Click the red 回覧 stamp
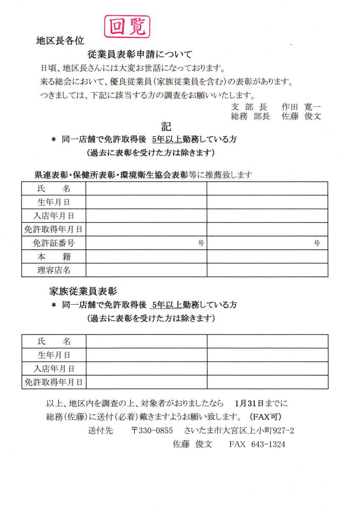pyautogui.click(x=127, y=26)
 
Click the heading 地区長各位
pyautogui.click(x=60, y=41)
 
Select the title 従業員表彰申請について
pyautogui.click(x=140, y=54)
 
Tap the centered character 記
pyautogui.click(x=166, y=126)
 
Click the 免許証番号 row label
pyautogui.click(x=54, y=243)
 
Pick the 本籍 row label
pyautogui.click(x=54, y=257)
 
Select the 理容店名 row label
pyautogui.click(x=54, y=270)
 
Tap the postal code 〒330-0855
pyautogui.click(x=152, y=431)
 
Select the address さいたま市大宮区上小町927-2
pyautogui.click(x=239, y=431)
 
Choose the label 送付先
pyautogui.click(x=101, y=431)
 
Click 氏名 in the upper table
pyautogui.click(x=54, y=188)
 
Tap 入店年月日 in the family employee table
pyautogui.click(x=54, y=369)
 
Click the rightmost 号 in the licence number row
pyautogui.click(x=317, y=243)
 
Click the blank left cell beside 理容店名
pyautogui.click(x=146, y=270)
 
